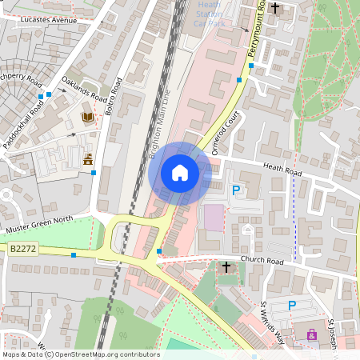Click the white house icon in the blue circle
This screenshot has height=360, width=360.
pos(180,172)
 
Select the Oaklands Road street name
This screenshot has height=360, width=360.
pos(83,88)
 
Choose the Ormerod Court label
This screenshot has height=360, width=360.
pos(227,133)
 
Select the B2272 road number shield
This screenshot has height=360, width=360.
pos(24,250)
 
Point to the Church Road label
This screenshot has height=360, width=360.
pos(264,261)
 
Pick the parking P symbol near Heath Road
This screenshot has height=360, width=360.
pos(236,190)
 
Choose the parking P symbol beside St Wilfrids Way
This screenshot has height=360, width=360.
pos(292,305)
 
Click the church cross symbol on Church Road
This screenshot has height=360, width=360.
pos(226,266)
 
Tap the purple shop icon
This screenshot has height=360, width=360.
pos(310,334)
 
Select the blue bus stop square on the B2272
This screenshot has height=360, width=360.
pos(74,254)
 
